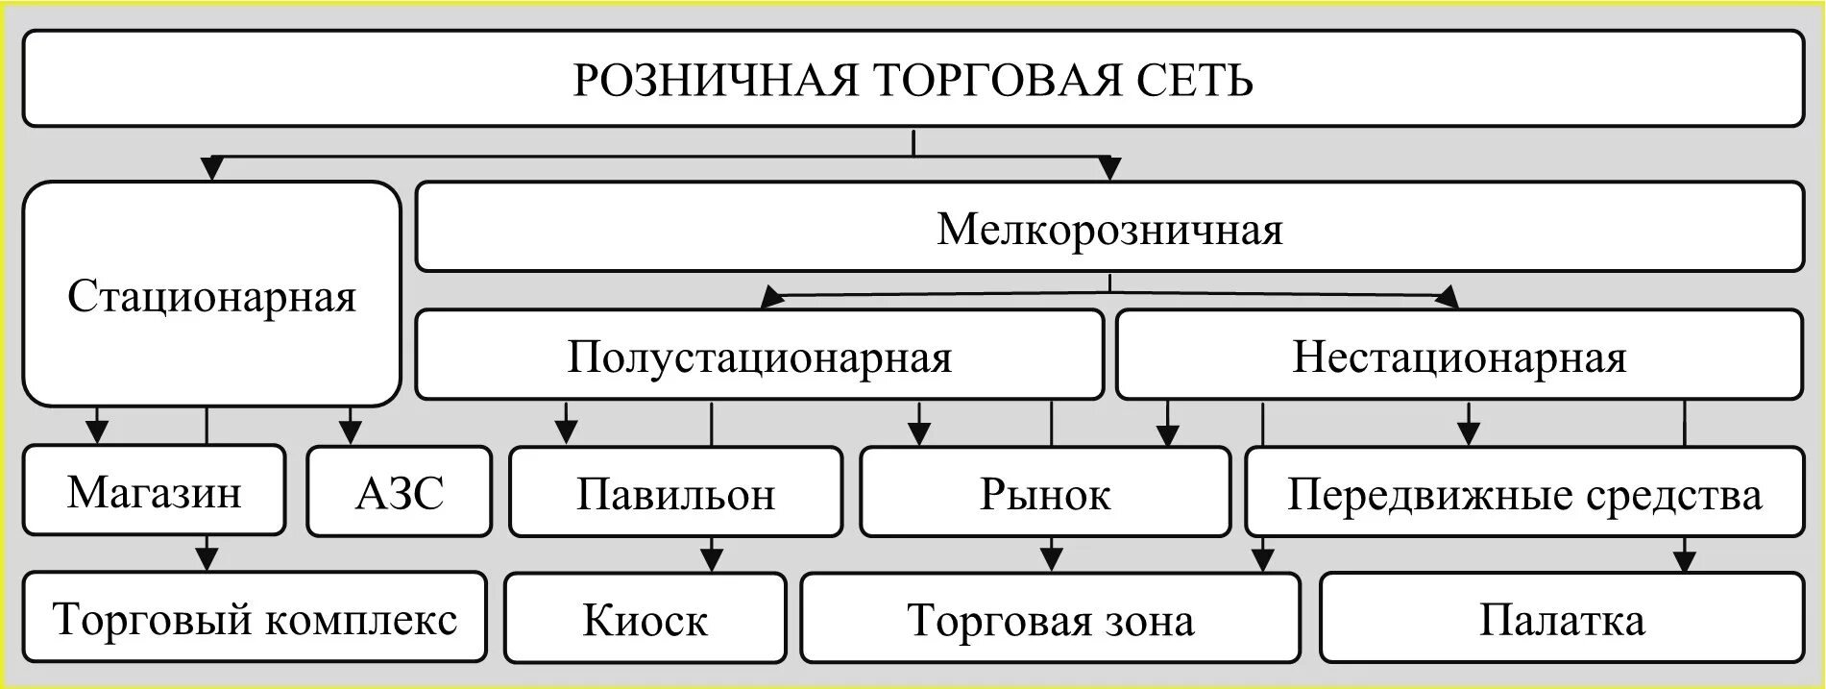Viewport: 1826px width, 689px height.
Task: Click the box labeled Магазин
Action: (155, 490)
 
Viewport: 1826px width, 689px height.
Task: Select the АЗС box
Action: (400, 491)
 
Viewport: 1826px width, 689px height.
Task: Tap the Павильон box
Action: (675, 491)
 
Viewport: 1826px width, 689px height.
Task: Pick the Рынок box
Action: (1045, 491)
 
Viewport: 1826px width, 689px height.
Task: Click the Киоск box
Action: (645, 618)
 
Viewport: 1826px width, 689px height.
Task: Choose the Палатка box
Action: (1562, 618)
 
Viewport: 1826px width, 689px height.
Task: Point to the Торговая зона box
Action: (1051, 618)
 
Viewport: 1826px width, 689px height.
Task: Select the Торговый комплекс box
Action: (255, 617)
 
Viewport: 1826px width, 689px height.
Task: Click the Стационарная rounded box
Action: (211, 294)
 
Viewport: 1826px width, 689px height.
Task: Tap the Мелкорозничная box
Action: (1109, 227)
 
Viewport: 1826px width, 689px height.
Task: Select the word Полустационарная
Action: (759, 357)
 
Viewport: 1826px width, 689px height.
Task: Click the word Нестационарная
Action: (1459, 357)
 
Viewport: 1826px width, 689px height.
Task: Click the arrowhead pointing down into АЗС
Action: (351, 431)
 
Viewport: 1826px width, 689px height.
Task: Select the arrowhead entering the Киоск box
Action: (711, 559)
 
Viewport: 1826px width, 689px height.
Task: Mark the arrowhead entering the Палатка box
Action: (1685, 560)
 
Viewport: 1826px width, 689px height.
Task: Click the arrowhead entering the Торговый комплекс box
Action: (207, 558)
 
